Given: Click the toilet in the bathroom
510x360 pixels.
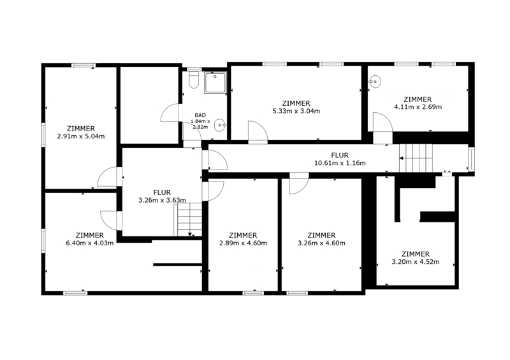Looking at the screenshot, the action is (x=194, y=80).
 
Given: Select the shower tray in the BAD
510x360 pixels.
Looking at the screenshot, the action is (x=215, y=83).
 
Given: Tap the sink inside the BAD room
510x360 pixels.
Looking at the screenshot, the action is (x=220, y=125).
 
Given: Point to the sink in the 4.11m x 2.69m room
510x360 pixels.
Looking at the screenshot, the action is (x=375, y=82).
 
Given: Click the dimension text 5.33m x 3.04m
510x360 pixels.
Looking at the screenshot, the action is (x=296, y=112).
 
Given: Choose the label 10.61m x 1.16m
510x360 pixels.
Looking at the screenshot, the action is (x=340, y=163).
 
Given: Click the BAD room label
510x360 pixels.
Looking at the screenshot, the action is (x=200, y=115).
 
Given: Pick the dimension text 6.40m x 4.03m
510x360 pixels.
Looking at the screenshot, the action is (x=90, y=243).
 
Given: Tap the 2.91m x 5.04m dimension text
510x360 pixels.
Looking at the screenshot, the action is (x=81, y=136).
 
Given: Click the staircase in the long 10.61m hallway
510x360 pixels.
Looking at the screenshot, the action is (x=416, y=158).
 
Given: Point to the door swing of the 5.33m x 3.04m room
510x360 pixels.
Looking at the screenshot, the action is (x=258, y=132).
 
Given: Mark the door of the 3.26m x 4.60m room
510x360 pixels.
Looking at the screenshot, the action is (x=299, y=184).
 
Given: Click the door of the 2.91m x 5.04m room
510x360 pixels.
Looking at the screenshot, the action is (x=110, y=177).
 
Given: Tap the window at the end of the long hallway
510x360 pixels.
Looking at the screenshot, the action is (x=471, y=159).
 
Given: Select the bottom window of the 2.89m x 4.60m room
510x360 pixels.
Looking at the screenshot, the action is (x=253, y=293).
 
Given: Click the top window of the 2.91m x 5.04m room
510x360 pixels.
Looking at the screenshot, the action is (x=84, y=65).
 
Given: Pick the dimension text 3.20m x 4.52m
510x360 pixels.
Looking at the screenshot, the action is (x=416, y=262).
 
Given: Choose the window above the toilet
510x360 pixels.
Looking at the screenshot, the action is (x=194, y=69).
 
